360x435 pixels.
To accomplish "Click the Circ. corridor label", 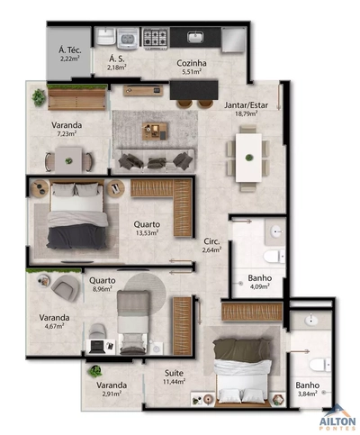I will pos(212,241).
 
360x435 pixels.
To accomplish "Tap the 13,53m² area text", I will pos(146,232).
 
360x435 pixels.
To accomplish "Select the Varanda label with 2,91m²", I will pos(112,386).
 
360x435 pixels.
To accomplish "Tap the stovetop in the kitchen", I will pos(157,38).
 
